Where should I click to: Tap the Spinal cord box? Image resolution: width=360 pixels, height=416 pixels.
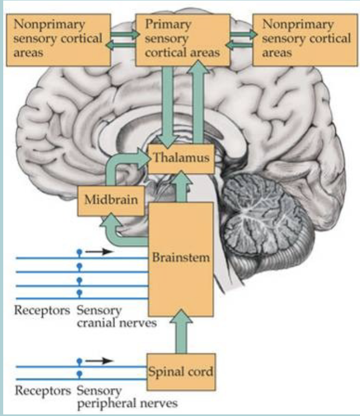[x=182, y=370]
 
